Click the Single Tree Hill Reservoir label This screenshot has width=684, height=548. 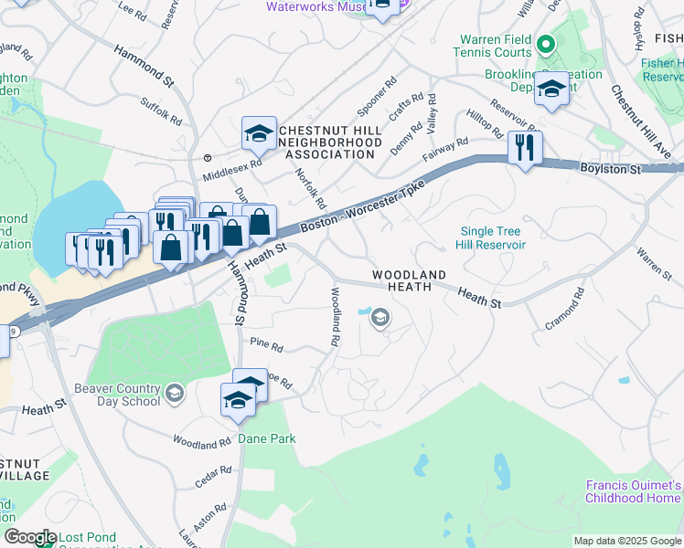click(493, 238)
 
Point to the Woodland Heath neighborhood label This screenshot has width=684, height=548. click(410, 280)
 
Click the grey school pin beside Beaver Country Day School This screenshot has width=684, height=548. click(174, 395)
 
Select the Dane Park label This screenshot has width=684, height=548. click(266, 438)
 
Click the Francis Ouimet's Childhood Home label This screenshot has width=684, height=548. click(634, 491)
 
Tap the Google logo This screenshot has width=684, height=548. click(30, 537)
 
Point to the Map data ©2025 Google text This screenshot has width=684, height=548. click(627, 541)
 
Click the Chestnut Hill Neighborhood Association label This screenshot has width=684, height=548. click(326, 142)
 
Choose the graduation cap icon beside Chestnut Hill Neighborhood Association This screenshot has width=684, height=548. click(259, 133)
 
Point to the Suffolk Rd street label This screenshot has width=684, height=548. click(162, 112)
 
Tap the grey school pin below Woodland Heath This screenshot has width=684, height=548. click(379, 318)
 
